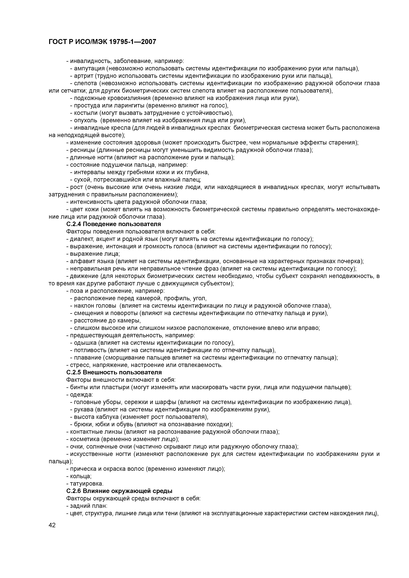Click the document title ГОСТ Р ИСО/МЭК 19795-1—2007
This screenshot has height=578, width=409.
pos(102,42)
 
